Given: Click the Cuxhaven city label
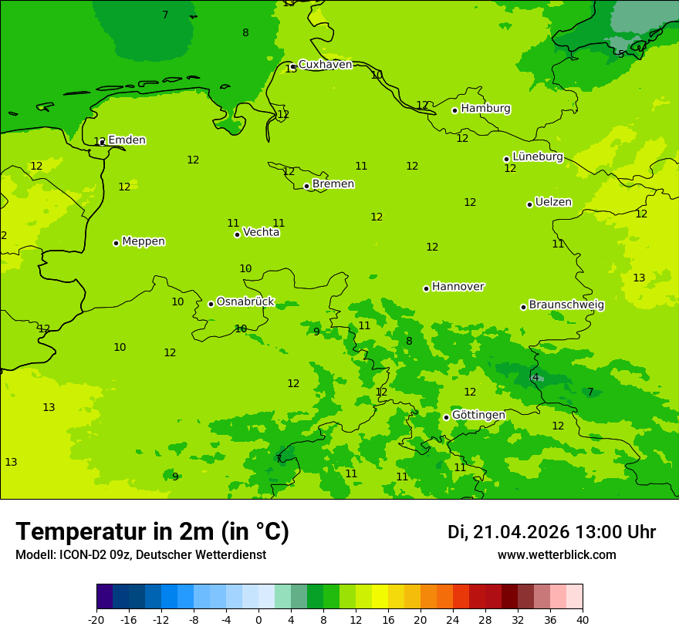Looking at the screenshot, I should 325,65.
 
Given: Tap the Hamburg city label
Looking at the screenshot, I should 485,109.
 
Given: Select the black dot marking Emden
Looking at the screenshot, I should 102,142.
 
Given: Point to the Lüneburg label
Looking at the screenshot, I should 537,157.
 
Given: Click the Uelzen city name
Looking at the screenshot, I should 553,202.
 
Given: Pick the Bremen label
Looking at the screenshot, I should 333,184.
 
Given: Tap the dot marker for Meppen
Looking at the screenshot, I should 116,243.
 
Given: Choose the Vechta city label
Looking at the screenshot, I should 261,232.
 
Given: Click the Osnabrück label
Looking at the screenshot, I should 245,301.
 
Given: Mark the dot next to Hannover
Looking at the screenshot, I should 426,288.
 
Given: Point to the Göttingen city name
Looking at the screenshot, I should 478,415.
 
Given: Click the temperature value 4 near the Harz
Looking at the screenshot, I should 535,377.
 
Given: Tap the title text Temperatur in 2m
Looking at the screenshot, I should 152,532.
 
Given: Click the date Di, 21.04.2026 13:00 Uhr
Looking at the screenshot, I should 552,532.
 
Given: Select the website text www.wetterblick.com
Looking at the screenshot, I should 556,555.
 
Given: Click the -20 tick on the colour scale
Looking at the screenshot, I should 96,619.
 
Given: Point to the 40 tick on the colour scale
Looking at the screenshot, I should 583,619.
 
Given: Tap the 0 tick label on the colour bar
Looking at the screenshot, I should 258,619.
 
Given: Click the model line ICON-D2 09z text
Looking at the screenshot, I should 140,555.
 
